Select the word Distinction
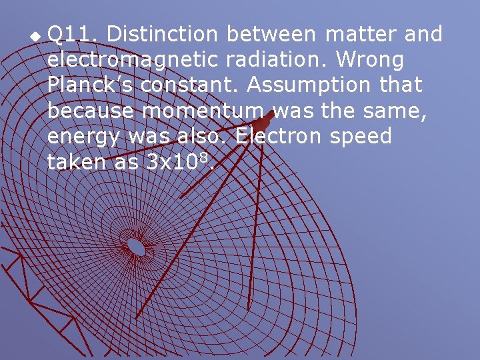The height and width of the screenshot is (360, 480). pyautogui.click(x=162, y=34)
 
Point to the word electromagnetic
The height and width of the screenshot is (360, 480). pyautogui.click(x=133, y=60)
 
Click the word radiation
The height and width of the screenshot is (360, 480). pyautogui.click(x=277, y=60)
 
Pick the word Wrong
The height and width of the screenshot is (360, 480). pyautogui.click(x=371, y=60)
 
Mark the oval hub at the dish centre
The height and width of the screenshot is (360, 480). pyautogui.click(x=137, y=247)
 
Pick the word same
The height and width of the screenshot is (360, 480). pyautogui.click(x=397, y=111)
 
